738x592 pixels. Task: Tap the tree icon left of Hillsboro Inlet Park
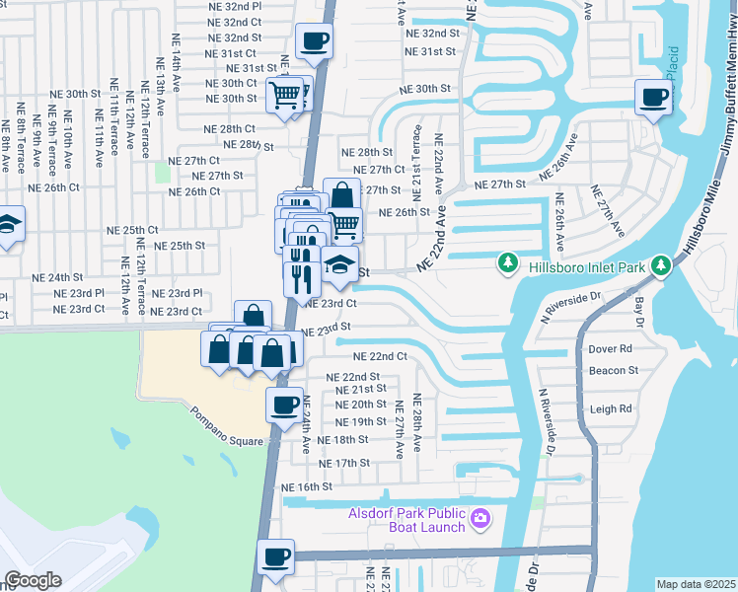(x=507, y=262)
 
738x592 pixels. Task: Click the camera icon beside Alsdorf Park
(x=480, y=517)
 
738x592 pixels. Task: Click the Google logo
(x=33, y=579)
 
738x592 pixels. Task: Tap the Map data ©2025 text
(x=696, y=584)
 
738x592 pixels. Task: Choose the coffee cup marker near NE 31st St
(x=314, y=42)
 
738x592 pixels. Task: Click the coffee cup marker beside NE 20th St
(x=285, y=405)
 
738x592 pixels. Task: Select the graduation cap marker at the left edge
(x=8, y=226)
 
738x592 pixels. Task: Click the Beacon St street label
(x=613, y=371)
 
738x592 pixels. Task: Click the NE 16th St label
(x=308, y=487)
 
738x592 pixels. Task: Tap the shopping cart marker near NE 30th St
(x=285, y=96)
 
